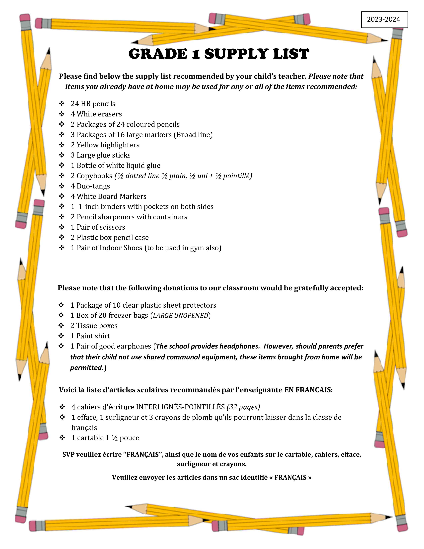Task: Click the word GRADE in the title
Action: pyautogui.click(x=158, y=54)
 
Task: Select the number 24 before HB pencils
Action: pyautogui.click(x=75, y=104)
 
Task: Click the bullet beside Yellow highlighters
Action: pyautogui.click(x=62, y=145)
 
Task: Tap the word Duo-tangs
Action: pyautogui.click(x=93, y=186)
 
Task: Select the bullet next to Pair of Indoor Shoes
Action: pyautogui.click(x=62, y=248)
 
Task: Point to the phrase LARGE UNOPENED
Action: pyautogui.click(x=181, y=315)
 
